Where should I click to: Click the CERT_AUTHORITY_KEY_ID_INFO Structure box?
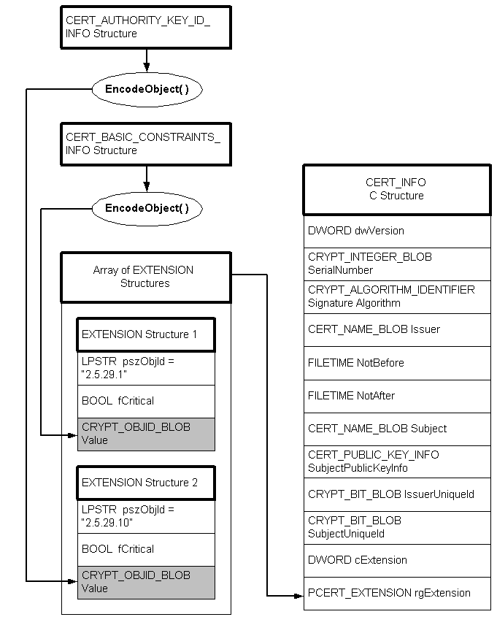pos(146,28)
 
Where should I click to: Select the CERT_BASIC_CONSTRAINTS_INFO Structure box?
pos(146,143)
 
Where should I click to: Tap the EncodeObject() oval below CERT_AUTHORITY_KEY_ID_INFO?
pos(146,89)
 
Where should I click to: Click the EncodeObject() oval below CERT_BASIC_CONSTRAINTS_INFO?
pos(146,208)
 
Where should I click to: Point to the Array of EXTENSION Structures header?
pos(145,277)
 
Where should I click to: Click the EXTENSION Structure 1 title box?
pos(146,334)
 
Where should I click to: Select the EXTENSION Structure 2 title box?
pos(146,483)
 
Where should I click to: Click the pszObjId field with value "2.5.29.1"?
pos(146,369)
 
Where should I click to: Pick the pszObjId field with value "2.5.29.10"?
pos(146,517)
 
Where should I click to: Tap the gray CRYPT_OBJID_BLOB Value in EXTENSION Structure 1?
pos(146,434)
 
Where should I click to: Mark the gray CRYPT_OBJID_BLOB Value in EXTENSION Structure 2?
pos(146,582)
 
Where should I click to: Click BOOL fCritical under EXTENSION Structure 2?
pos(146,549)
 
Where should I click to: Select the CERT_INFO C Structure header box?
pos(396,189)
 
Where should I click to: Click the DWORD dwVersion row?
pos(396,231)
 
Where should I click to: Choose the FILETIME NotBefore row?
pos(396,363)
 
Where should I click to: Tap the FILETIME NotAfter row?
pos(396,396)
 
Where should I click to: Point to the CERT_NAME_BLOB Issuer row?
pos(396,329)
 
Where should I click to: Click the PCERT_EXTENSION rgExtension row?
pos(396,593)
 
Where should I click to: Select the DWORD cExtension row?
pos(396,560)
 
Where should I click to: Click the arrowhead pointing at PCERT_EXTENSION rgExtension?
pos(298,595)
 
